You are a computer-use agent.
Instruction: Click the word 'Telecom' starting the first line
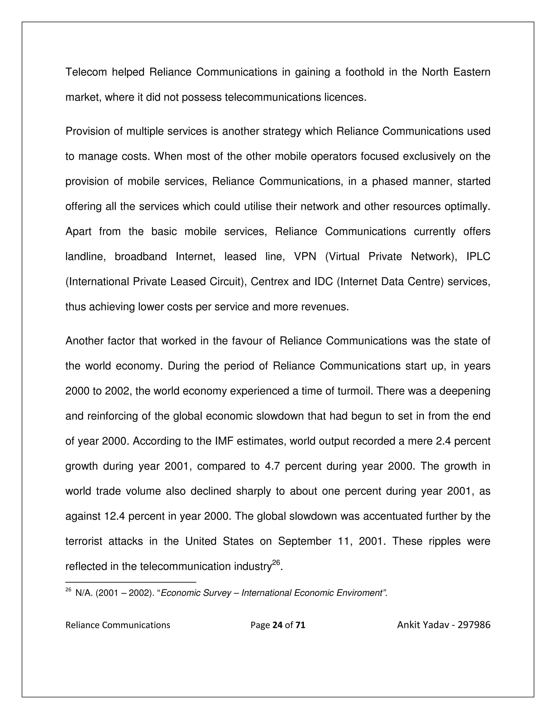86,72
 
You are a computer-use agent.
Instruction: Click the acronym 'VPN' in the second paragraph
305,256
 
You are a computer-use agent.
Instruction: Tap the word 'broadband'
141,256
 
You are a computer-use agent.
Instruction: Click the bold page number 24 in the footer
278,625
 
